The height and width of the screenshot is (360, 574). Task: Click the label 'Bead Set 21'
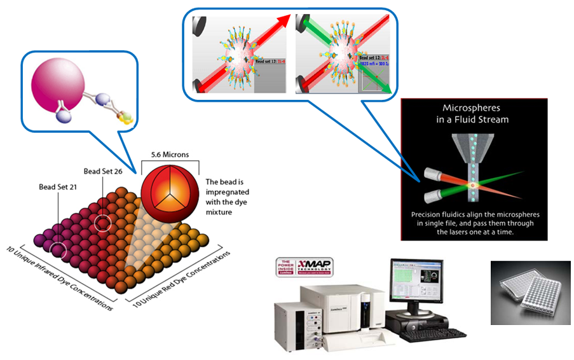(x=58, y=186)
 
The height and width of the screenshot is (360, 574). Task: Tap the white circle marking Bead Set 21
(x=59, y=249)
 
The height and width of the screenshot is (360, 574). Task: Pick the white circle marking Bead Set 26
(x=102, y=223)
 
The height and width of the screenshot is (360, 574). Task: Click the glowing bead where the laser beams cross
(x=473, y=184)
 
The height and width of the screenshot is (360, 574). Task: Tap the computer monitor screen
(x=414, y=279)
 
